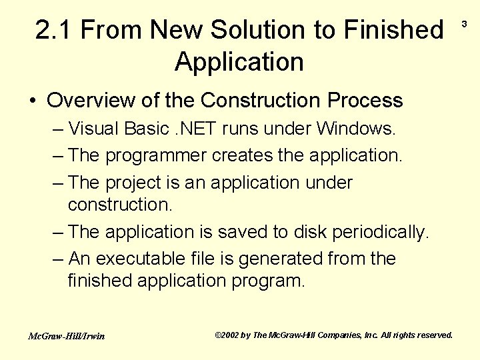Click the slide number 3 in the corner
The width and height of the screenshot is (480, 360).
click(x=465, y=25)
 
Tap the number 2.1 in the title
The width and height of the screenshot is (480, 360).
click(x=55, y=30)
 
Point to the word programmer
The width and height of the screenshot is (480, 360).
click(x=156, y=155)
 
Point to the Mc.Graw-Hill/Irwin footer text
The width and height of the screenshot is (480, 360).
click(x=66, y=336)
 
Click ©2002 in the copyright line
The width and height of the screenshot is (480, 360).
click(x=227, y=335)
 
